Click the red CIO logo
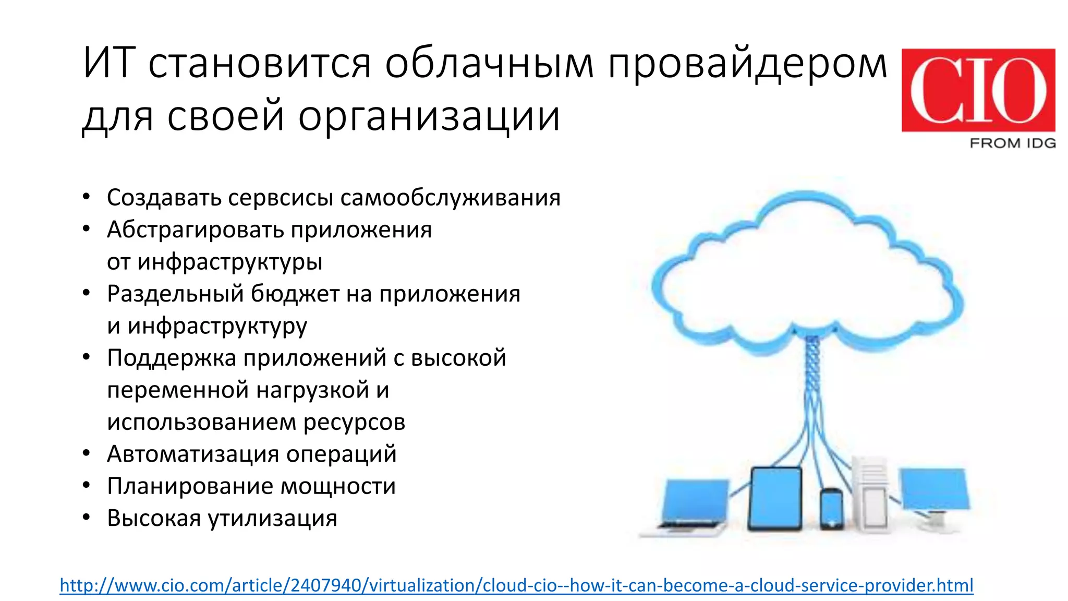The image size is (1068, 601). (x=978, y=90)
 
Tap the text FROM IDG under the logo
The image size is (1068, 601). (x=1012, y=143)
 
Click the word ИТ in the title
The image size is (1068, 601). (x=110, y=64)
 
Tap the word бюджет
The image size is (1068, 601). (x=295, y=294)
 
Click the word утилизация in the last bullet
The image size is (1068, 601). (x=272, y=518)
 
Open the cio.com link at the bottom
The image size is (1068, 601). (x=516, y=585)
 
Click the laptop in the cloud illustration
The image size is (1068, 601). (x=688, y=506)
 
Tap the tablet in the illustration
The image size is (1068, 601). (x=775, y=499)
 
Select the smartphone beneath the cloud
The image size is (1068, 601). (x=831, y=509)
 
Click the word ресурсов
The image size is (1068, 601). (x=354, y=422)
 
